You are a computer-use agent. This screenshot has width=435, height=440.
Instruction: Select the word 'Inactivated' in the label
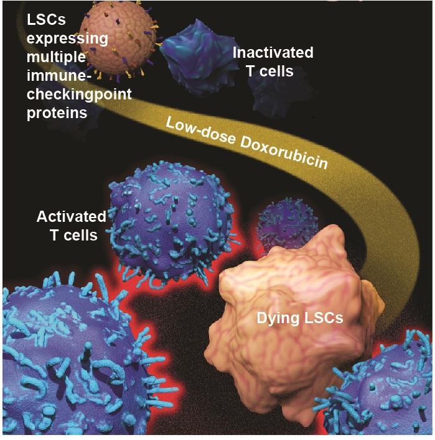273,53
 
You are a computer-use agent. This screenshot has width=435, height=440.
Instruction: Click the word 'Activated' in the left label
71,217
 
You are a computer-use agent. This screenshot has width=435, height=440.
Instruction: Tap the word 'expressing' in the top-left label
67,39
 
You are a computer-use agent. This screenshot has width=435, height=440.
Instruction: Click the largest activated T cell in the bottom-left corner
68,367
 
